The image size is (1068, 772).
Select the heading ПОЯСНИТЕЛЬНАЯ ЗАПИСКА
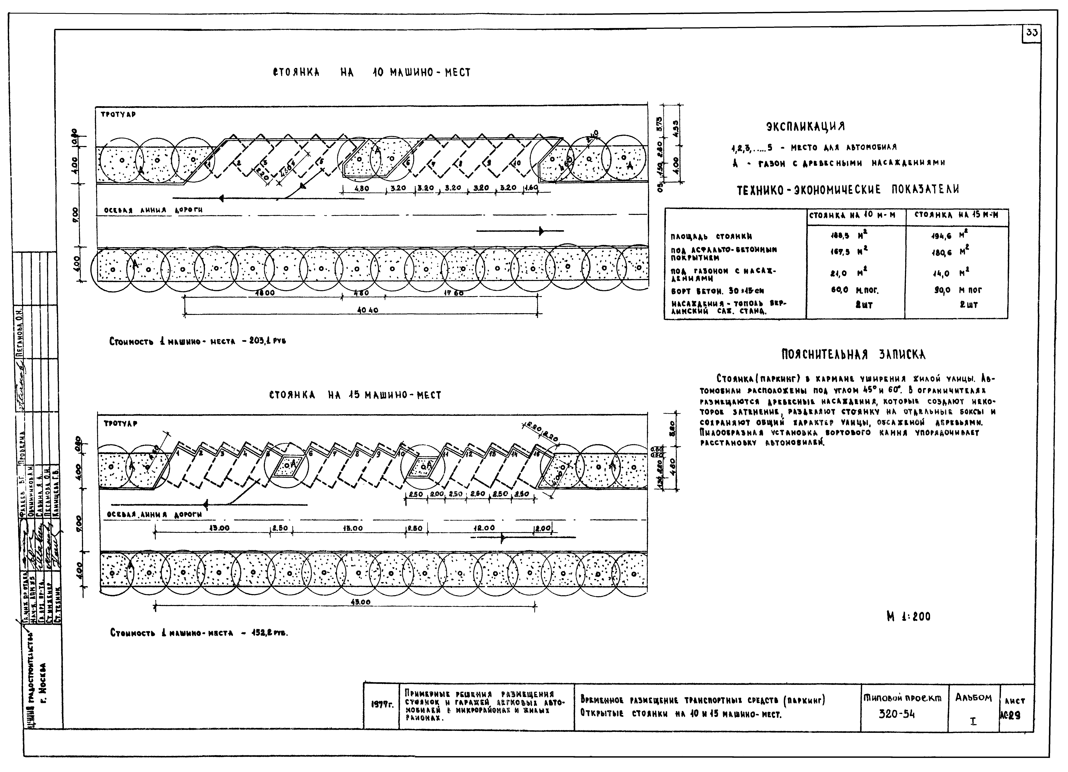[x=853, y=354]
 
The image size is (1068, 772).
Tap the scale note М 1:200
[x=908, y=617]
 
